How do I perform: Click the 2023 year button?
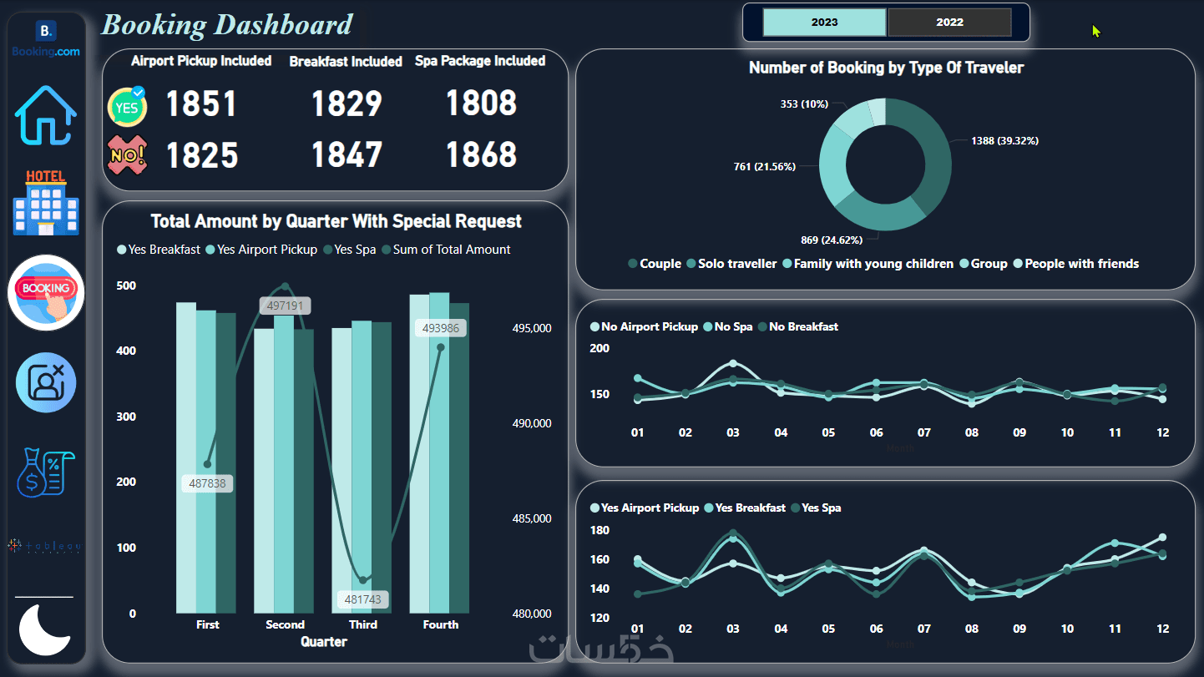point(824,23)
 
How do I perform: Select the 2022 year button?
point(949,23)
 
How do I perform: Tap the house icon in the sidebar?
point(46,115)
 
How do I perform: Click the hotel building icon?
point(46,203)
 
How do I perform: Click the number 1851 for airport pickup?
point(201,104)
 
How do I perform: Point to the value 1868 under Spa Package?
point(481,155)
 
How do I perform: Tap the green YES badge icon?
point(127,106)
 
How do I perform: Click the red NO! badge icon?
point(127,155)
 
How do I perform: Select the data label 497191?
point(285,306)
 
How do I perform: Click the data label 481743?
point(363,600)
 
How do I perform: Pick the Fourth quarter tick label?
point(441,624)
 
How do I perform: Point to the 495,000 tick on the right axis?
point(532,328)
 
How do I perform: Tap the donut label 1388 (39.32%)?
point(1004,141)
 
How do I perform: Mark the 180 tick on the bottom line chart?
point(599,531)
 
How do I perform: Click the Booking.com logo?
point(46,40)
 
